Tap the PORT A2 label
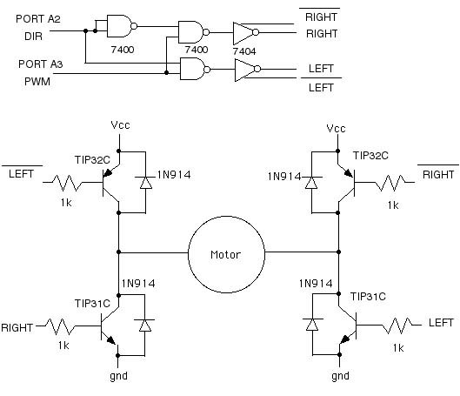(x=38, y=19)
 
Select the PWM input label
(x=37, y=81)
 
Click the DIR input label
(x=33, y=36)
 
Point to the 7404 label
(x=244, y=51)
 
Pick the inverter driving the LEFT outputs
(x=247, y=70)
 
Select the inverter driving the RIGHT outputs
(x=246, y=32)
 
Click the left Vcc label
(x=120, y=125)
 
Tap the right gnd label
(x=340, y=376)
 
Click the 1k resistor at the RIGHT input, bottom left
(x=60, y=326)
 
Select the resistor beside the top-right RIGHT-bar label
(x=390, y=183)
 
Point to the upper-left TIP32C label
(x=92, y=160)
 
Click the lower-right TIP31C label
(x=368, y=297)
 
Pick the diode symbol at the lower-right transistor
(x=312, y=325)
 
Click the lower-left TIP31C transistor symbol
(x=111, y=326)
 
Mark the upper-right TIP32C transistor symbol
(x=347, y=182)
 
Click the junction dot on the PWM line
(x=166, y=72)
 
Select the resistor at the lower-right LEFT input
(x=397, y=326)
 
